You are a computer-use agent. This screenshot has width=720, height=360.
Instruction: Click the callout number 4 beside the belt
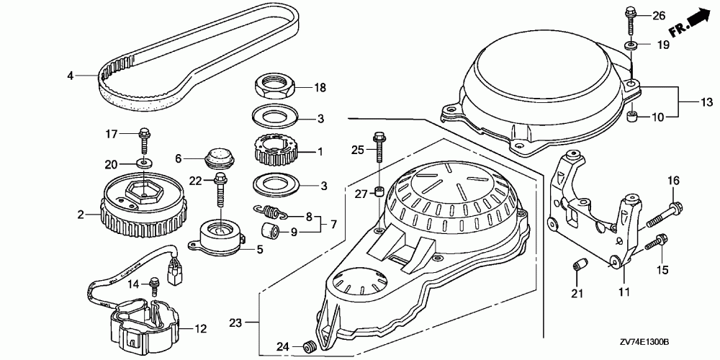pyautogui.click(x=71, y=75)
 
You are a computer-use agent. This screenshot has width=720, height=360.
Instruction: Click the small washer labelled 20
pyautogui.click(x=145, y=163)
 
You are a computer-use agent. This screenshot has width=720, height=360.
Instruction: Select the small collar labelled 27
pyautogui.click(x=378, y=193)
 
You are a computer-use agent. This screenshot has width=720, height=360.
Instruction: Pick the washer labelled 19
pyautogui.click(x=631, y=46)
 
